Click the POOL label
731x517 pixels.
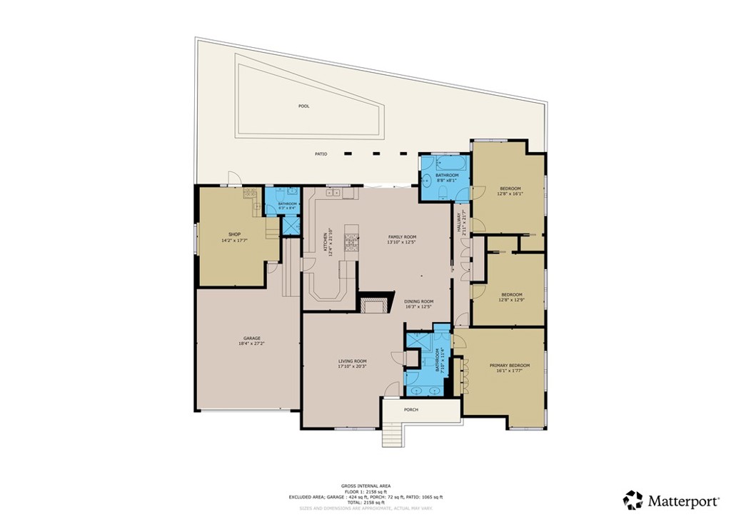pyautogui.click(x=304, y=106)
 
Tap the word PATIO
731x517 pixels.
pyautogui.click(x=321, y=154)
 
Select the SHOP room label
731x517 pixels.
pyautogui.click(x=234, y=234)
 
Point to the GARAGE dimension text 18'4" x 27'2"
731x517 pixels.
pyautogui.click(x=251, y=343)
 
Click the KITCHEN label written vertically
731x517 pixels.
pyautogui.click(x=326, y=243)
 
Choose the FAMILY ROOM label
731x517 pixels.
pyautogui.click(x=402, y=237)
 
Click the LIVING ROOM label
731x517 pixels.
pyautogui.click(x=353, y=361)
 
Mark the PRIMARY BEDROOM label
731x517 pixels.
pyautogui.click(x=510, y=366)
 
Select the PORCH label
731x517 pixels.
pyautogui.click(x=411, y=409)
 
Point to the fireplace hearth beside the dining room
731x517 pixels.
pyautogui.click(x=375, y=306)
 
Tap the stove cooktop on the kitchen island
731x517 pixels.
pyautogui.click(x=351, y=244)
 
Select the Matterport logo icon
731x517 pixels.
pyautogui.click(x=632, y=499)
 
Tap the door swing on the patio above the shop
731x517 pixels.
pyautogui.click(x=233, y=178)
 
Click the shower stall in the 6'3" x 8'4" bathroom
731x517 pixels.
pyautogui.click(x=291, y=225)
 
